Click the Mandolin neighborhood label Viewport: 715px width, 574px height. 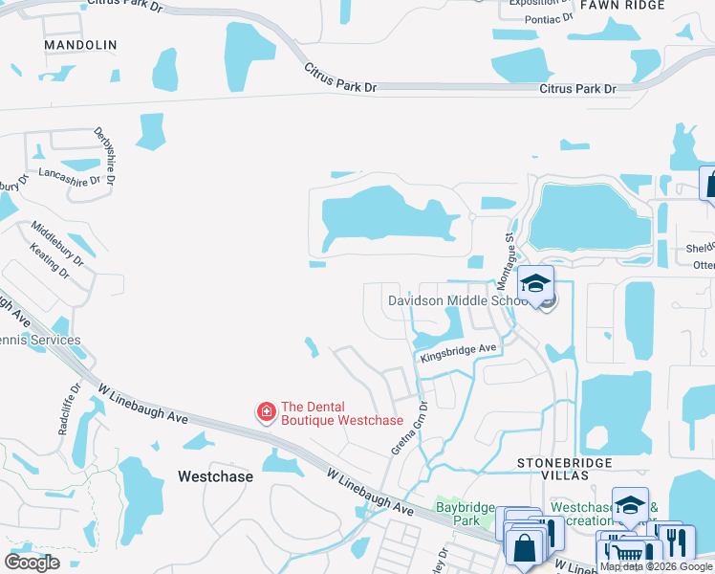click(x=80, y=45)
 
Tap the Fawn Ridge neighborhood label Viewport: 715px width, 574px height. click(x=629, y=5)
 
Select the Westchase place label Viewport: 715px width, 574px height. click(x=215, y=476)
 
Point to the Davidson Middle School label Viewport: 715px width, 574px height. click(x=458, y=300)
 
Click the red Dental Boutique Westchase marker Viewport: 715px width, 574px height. click(x=266, y=412)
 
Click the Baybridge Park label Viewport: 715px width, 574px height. click(x=458, y=514)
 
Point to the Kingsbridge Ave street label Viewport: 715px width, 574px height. click(x=460, y=352)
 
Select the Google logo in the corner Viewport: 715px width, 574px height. click(x=32, y=562)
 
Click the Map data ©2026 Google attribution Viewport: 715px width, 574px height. click(x=656, y=566)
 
